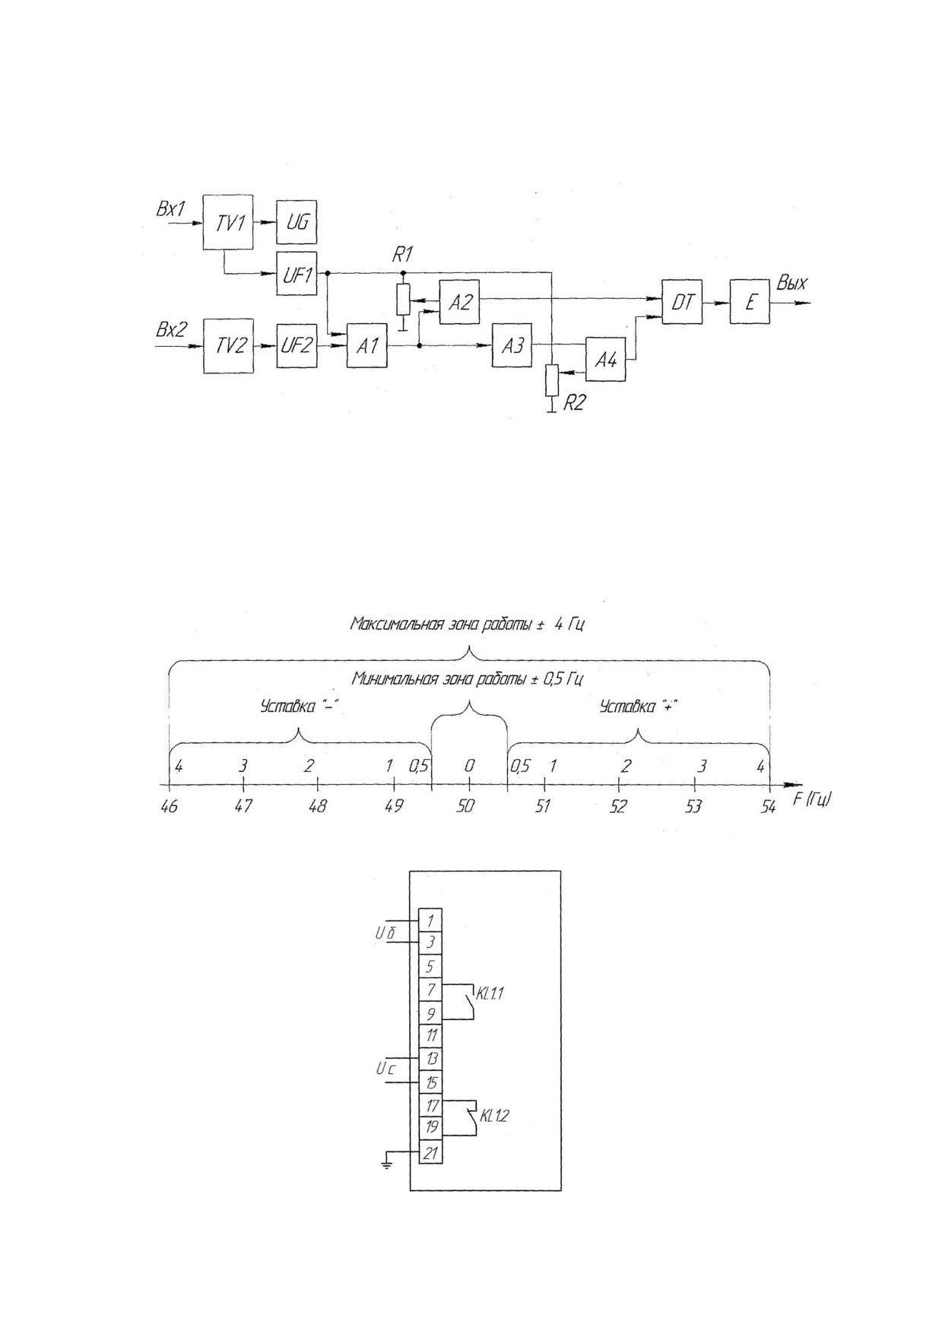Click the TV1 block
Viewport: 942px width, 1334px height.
(x=228, y=221)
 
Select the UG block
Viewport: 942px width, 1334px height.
(x=297, y=222)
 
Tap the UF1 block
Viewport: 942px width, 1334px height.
(x=297, y=273)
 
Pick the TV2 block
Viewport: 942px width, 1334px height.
(x=228, y=346)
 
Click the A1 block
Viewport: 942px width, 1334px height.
(x=367, y=346)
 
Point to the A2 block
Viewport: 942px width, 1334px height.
(x=460, y=302)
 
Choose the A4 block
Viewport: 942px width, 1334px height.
(x=606, y=360)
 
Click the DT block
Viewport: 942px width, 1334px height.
(x=682, y=302)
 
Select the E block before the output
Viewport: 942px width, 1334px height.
(x=750, y=302)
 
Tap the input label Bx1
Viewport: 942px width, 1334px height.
(x=170, y=208)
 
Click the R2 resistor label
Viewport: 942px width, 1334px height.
(x=574, y=403)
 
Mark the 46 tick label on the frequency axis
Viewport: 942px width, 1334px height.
(x=169, y=806)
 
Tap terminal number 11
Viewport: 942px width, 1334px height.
(x=431, y=1036)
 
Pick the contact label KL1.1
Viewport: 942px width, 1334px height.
(x=491, y=993)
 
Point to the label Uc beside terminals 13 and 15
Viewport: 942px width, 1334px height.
(x=385, y=1069)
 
